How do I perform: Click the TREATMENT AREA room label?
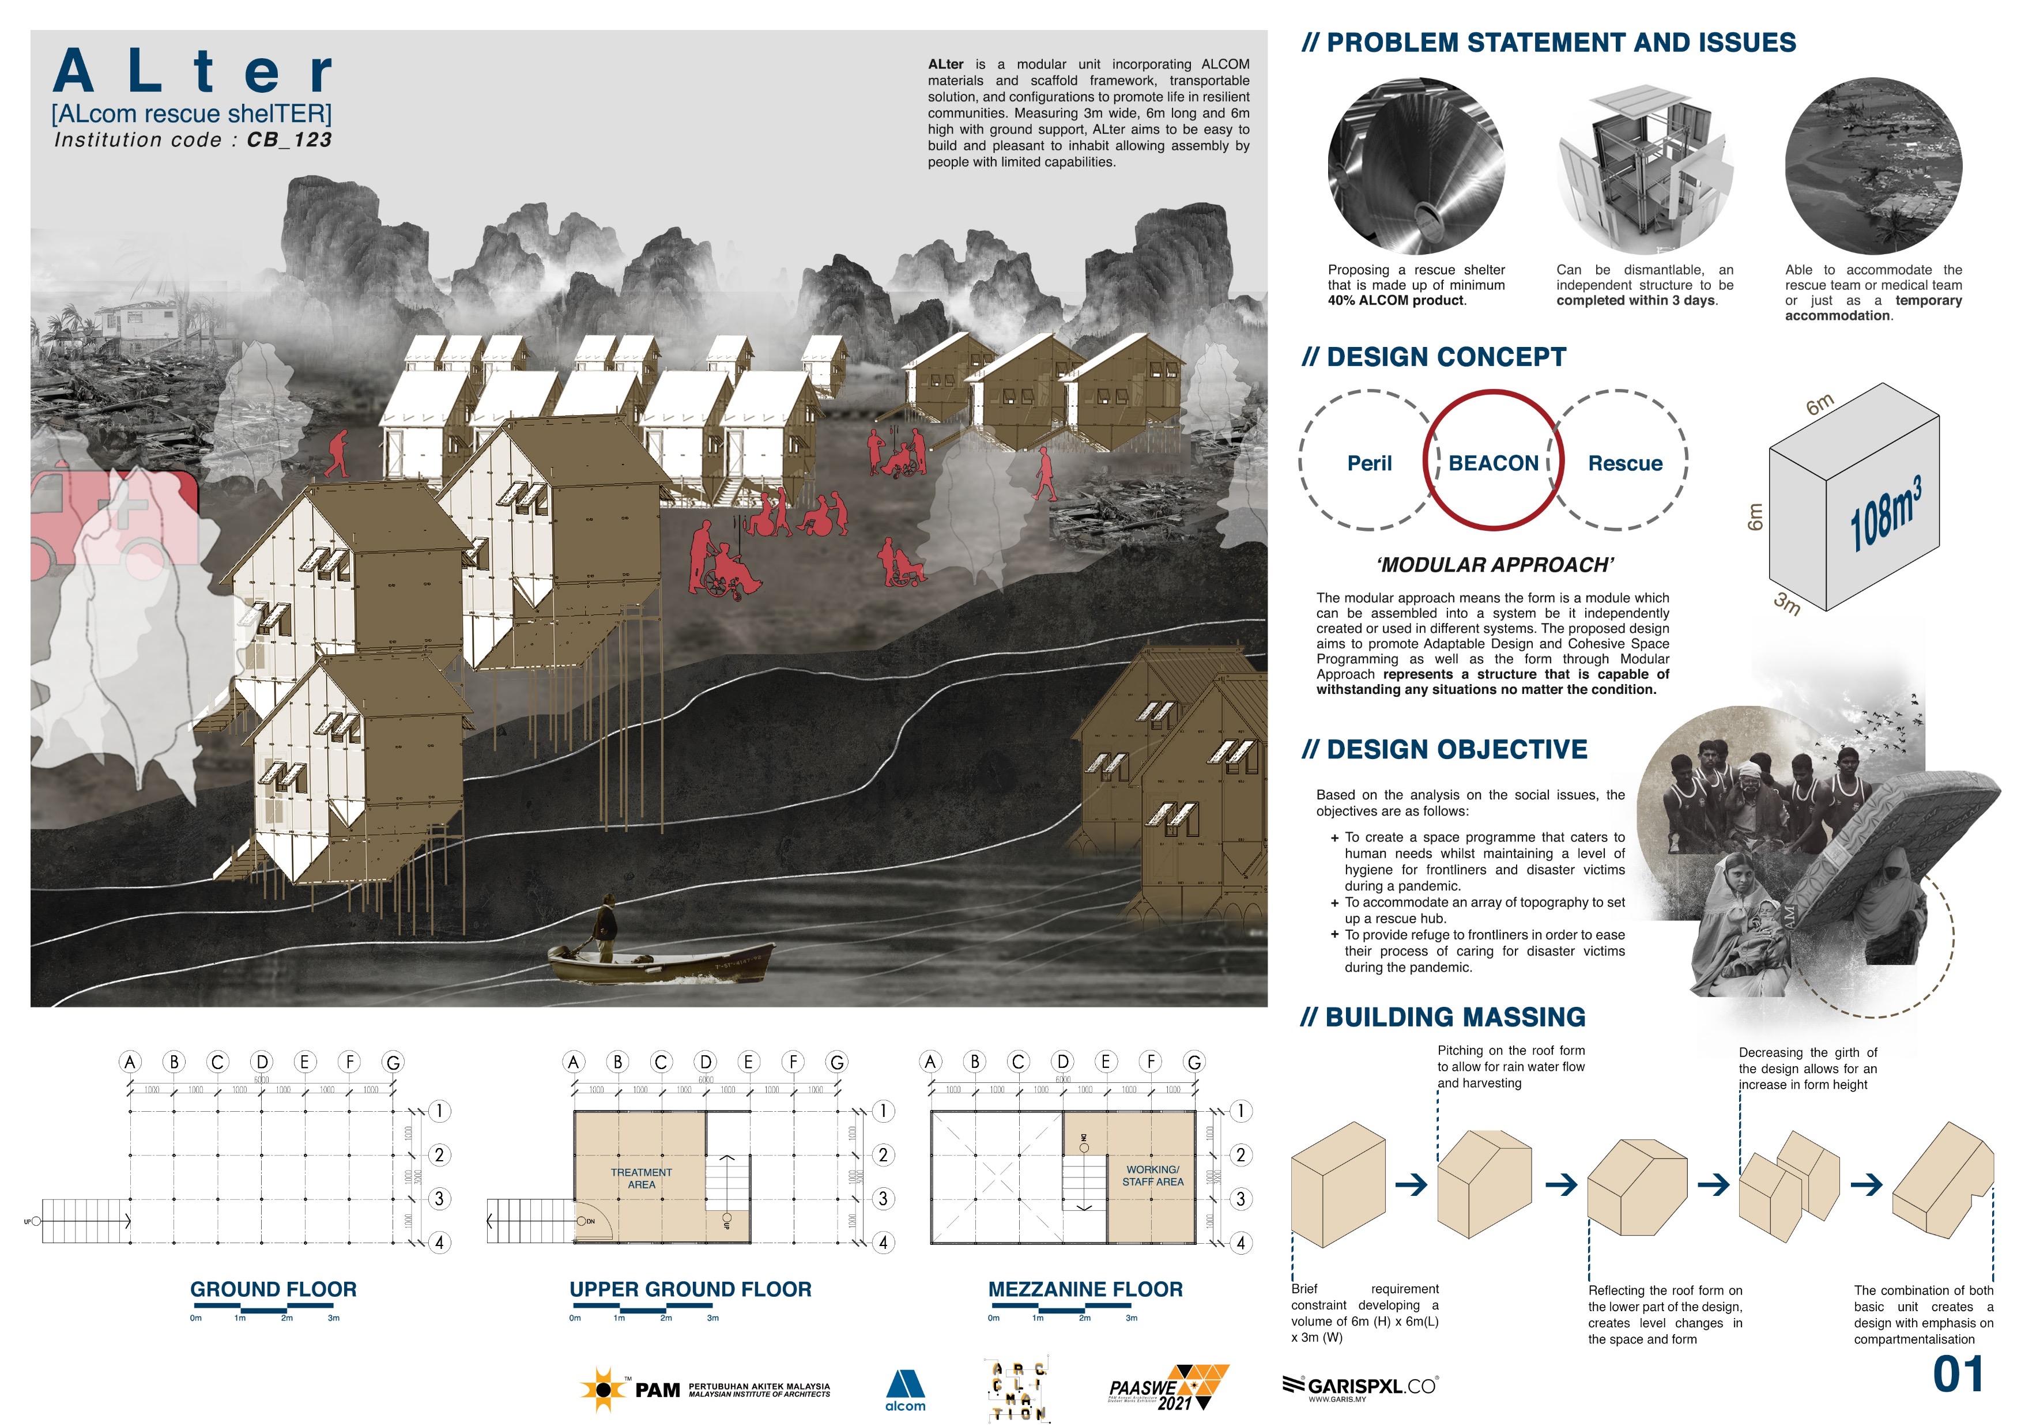pyautogui.click(x=641, y=1178)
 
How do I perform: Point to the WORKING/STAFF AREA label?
pyautogui.click(x=1152, y=1175)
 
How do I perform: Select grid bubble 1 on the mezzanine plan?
pyautogui.click(x=1240, y=1111)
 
